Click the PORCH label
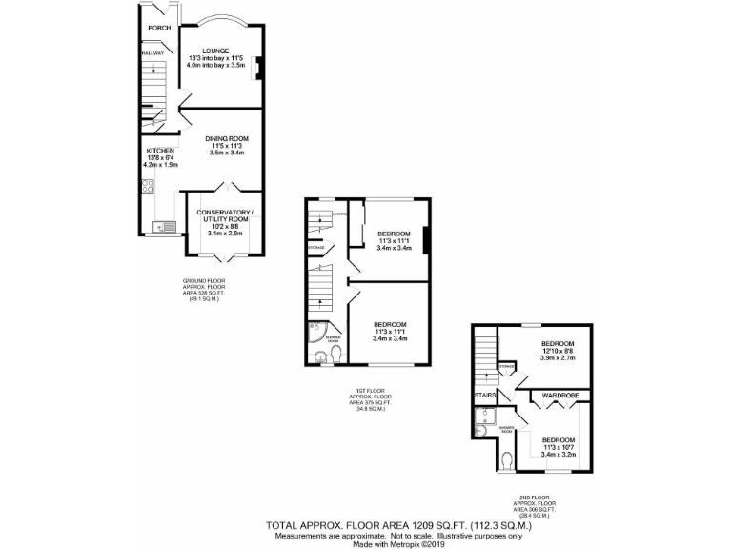158,28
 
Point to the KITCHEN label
159,151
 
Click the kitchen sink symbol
160,227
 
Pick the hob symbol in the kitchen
150,191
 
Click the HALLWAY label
152,53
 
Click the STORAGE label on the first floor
315,248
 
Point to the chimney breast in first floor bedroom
425,240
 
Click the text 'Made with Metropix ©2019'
366,542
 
